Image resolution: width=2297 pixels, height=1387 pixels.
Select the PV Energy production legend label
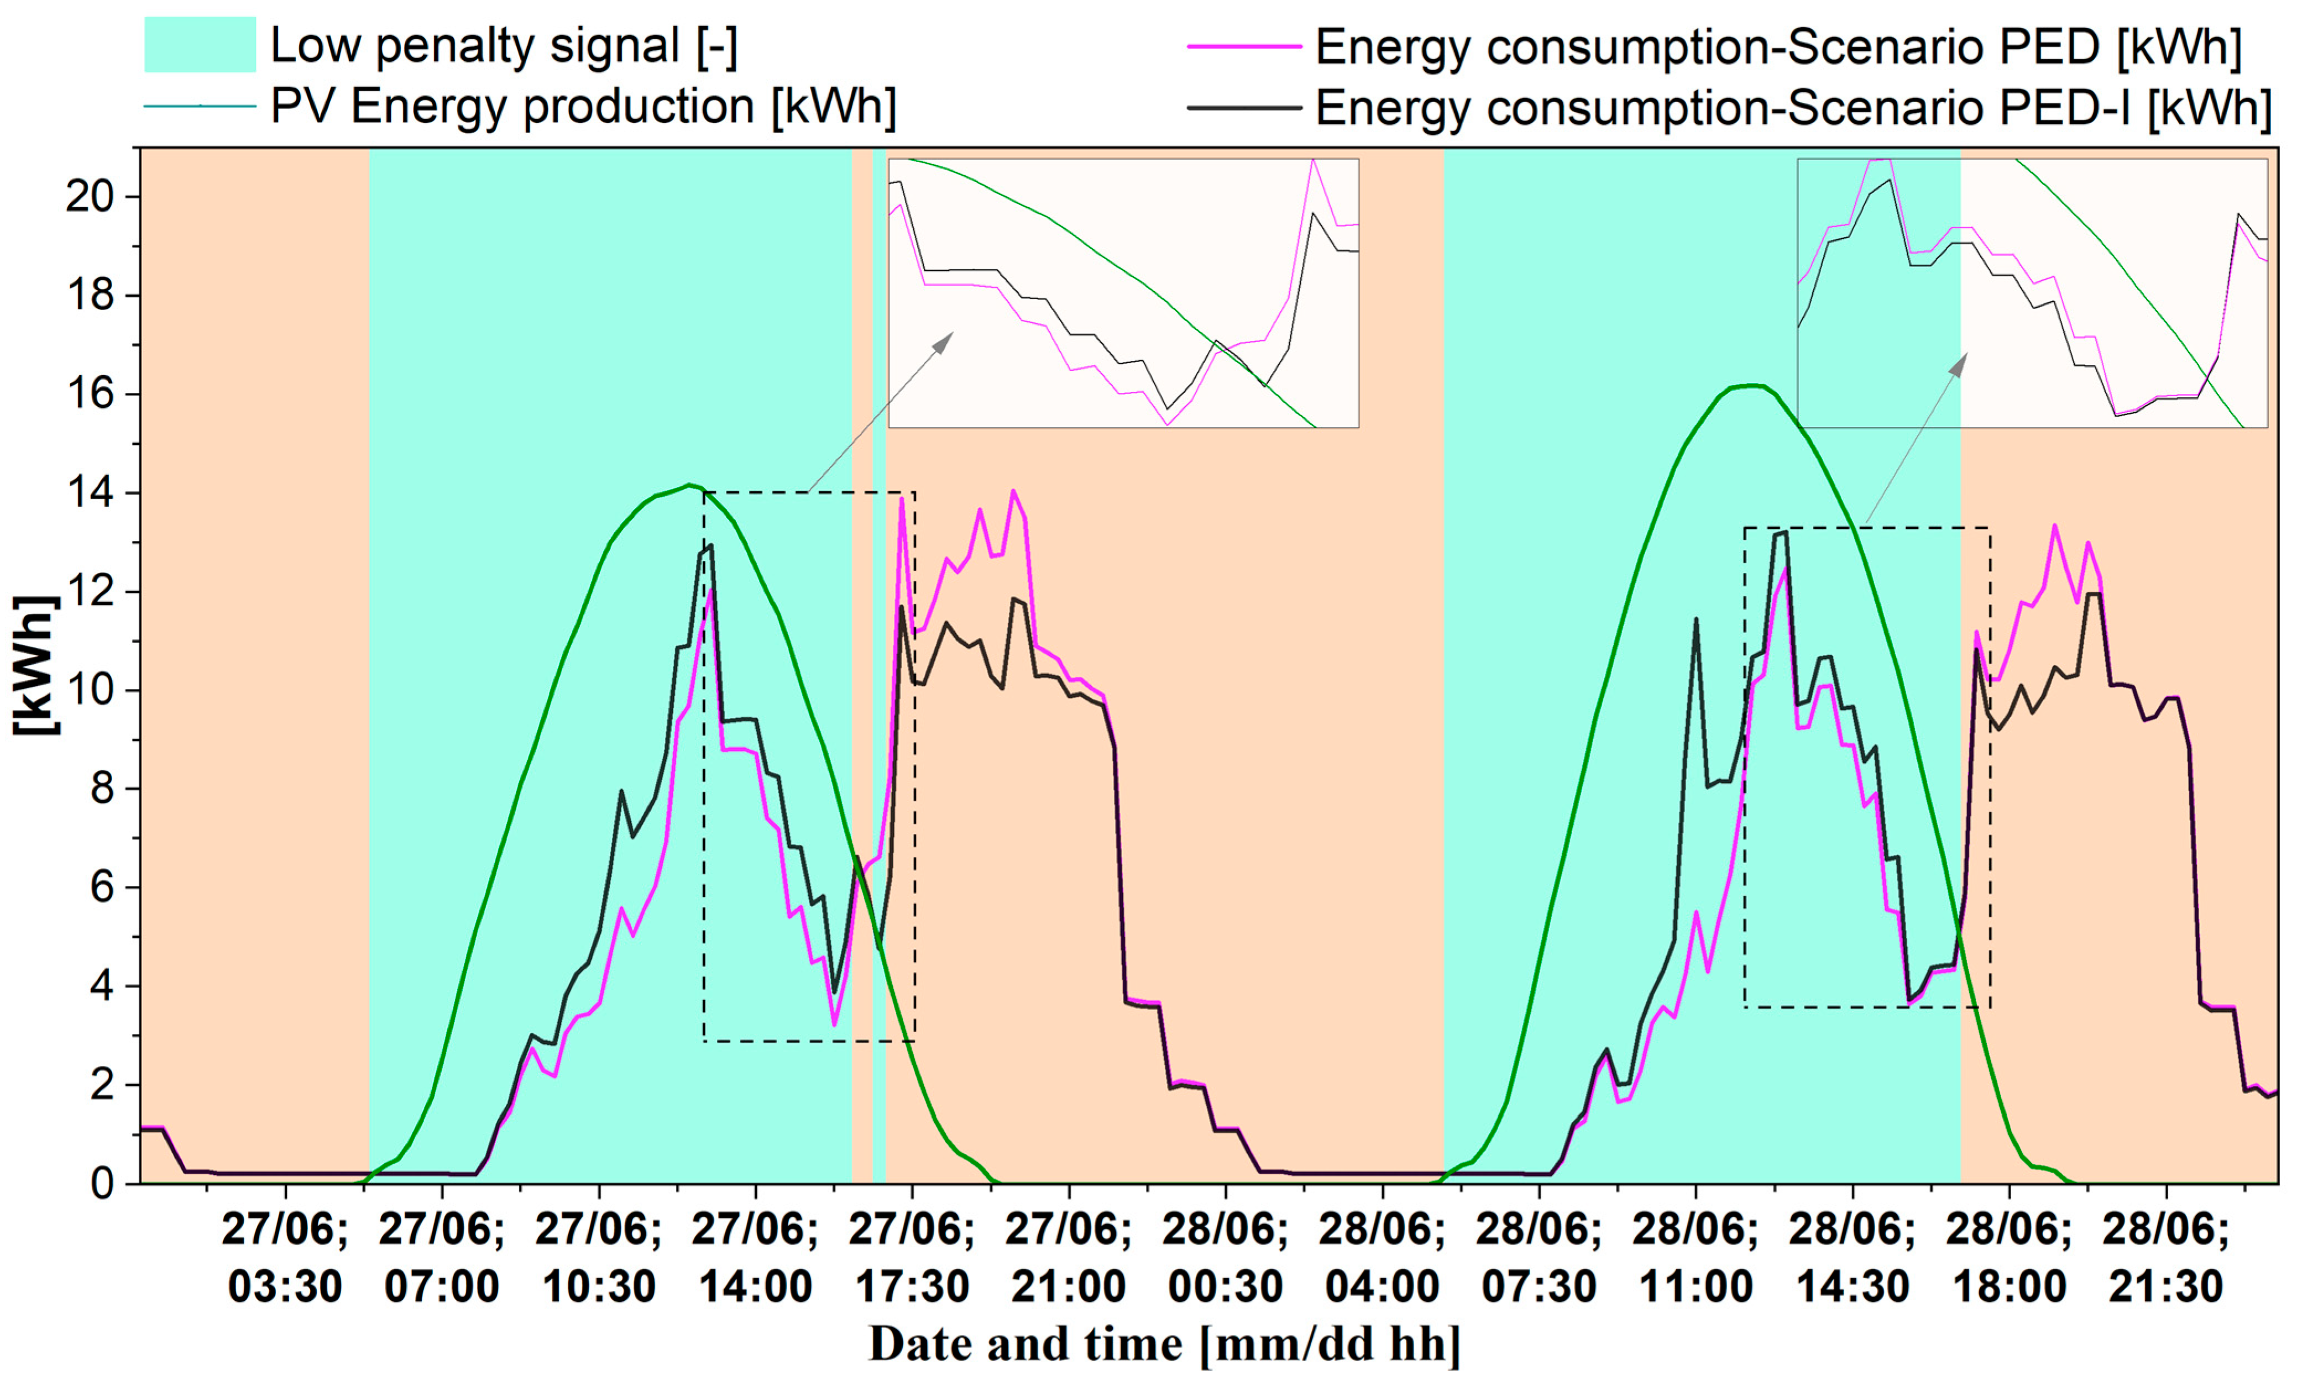pyautogui.click(x=583, y=106)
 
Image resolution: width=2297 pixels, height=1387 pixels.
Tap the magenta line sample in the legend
pyautogui.click(x=1244, y=46)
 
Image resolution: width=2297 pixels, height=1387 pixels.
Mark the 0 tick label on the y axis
pyautogui.click(x=102, y=1184)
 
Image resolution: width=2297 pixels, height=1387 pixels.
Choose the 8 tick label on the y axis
pyautogui.click(x=102, y=790)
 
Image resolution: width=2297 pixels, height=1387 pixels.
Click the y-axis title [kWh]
pyautogui.click(x=35, y=665)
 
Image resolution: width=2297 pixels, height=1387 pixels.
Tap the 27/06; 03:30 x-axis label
pyautogui.click(x=285, y=1258)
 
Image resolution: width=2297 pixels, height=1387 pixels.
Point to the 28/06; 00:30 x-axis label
pyautogui.click(x=1225, y=1258)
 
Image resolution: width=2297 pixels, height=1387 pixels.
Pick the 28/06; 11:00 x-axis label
pyautogui.click(x=1695, y=1258)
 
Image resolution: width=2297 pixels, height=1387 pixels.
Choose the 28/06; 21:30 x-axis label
pyautogui.click(x=2165, y=1258)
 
